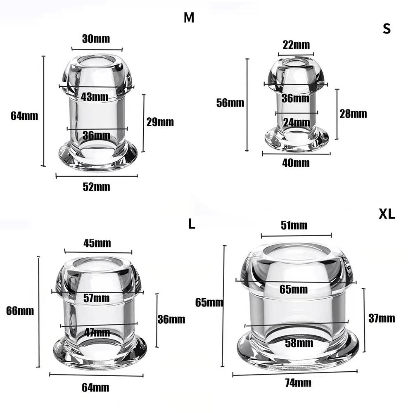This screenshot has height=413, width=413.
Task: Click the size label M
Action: click(189, 18)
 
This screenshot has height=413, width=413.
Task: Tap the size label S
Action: click(387, 29)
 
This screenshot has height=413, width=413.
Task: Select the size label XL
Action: click(387, 214)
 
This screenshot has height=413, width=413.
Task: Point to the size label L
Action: click(191, 224)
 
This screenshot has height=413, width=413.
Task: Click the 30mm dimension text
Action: click(96, 39)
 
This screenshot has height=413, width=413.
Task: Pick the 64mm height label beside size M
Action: click(24, 116)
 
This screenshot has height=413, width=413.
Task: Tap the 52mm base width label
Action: click(96, 187)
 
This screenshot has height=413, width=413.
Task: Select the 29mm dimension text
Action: click(160, 122)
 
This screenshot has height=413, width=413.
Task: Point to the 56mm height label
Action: click(230, 103)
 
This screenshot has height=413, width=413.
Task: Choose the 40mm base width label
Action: click(296, 163)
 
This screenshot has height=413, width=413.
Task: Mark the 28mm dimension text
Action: click(353, 114)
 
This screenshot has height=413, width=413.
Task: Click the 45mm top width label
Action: click(97, 243)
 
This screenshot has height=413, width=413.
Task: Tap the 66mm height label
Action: click(20, 311)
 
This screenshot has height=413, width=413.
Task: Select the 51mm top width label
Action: click(294, 225)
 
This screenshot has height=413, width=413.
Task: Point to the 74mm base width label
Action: click(297, 383)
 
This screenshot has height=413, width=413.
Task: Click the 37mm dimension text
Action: click(381, 318)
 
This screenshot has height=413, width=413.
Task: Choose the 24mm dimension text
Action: click(296, 122)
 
